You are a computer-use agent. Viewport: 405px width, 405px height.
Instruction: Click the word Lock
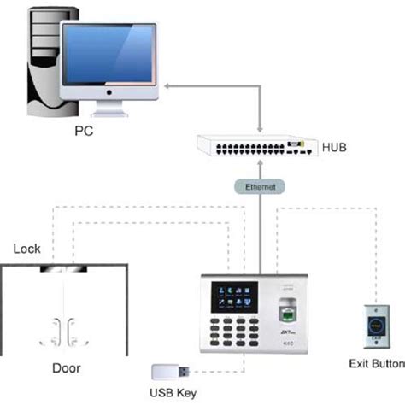(27, 249)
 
